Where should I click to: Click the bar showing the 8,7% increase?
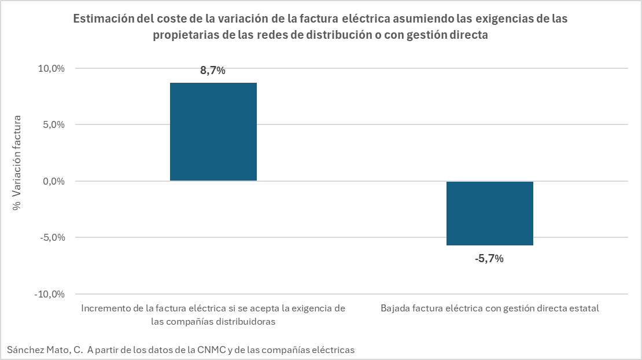point(213,132)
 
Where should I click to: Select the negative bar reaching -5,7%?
point(489,213)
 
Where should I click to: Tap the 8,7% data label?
point(212,71)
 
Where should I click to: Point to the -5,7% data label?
point(489,259)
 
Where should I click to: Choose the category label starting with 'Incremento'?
point(213,308)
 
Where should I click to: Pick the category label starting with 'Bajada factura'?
point(489,308)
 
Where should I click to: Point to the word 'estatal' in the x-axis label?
point(584,308)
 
